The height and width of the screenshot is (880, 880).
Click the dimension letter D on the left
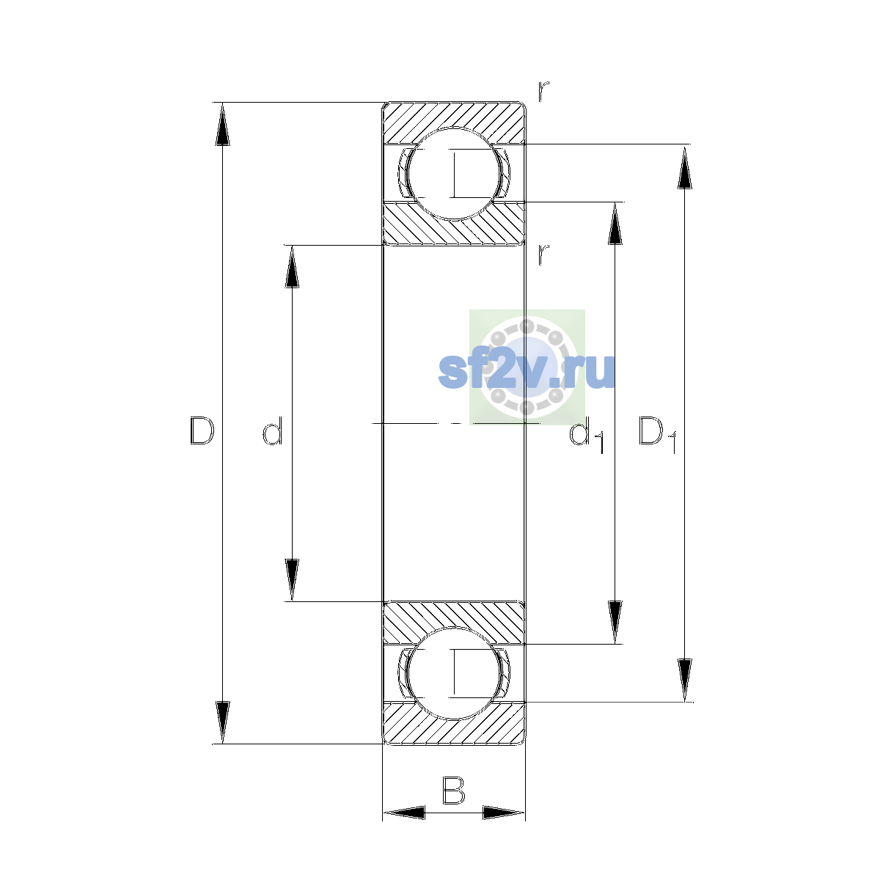(x=202, y=430)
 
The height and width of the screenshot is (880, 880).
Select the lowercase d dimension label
(x=273, y=430)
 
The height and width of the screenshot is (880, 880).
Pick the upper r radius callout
(x=543, y=91)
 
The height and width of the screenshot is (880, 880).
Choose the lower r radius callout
(x=543, y=254)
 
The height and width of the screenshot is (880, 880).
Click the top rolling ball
(x=454, y=174)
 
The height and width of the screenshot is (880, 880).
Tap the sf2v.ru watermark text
(x=527, y=372)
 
